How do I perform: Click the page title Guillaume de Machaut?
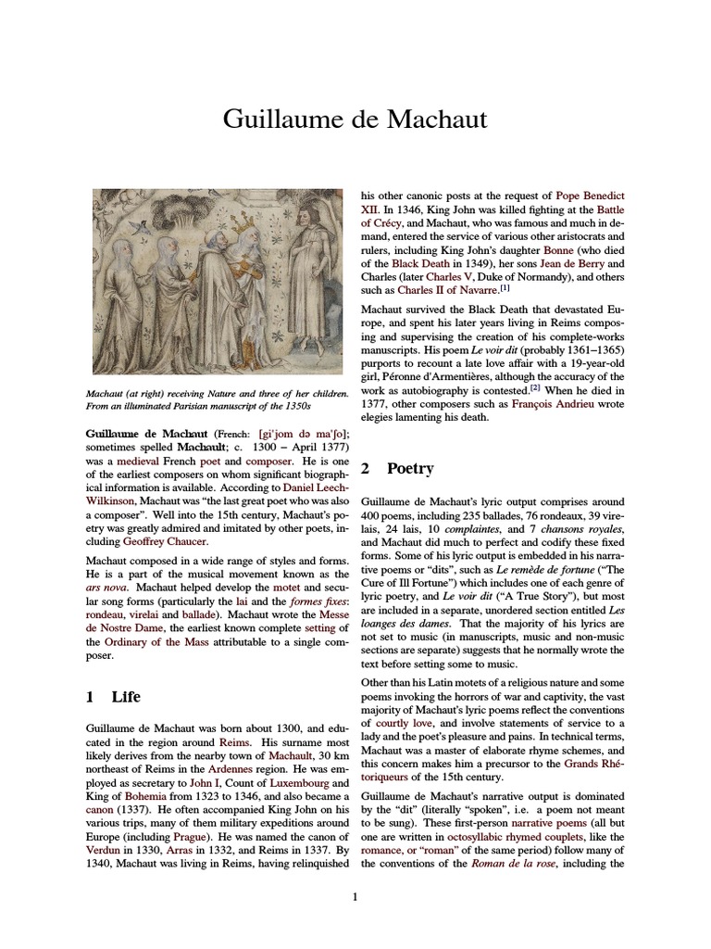pyautogui.click(x=355, y=120)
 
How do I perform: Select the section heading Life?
pyautogui.click(x=126, y=696)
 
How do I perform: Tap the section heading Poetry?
pyautogui.click(x=410, y=469)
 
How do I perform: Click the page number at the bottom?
pyautogui.click(x=355, y=896)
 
